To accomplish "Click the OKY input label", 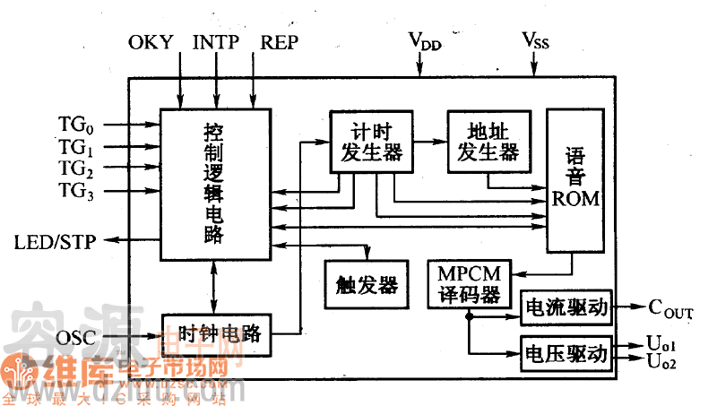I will [x=152, y=42].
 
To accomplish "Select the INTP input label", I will [x=215, y=42].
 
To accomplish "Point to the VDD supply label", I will [x=425, y=41].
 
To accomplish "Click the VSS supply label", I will [x=536, y=41].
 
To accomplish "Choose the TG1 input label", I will [x=76, y=146].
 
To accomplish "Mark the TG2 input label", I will [x=76, y=168].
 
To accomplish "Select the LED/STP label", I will [x=56, y=241].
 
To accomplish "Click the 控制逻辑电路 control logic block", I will [x=215, y=184].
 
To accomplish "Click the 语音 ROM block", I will [x=575, y=179].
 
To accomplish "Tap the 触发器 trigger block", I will [x=366, y=284].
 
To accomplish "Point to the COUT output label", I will [x=670, y=310].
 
